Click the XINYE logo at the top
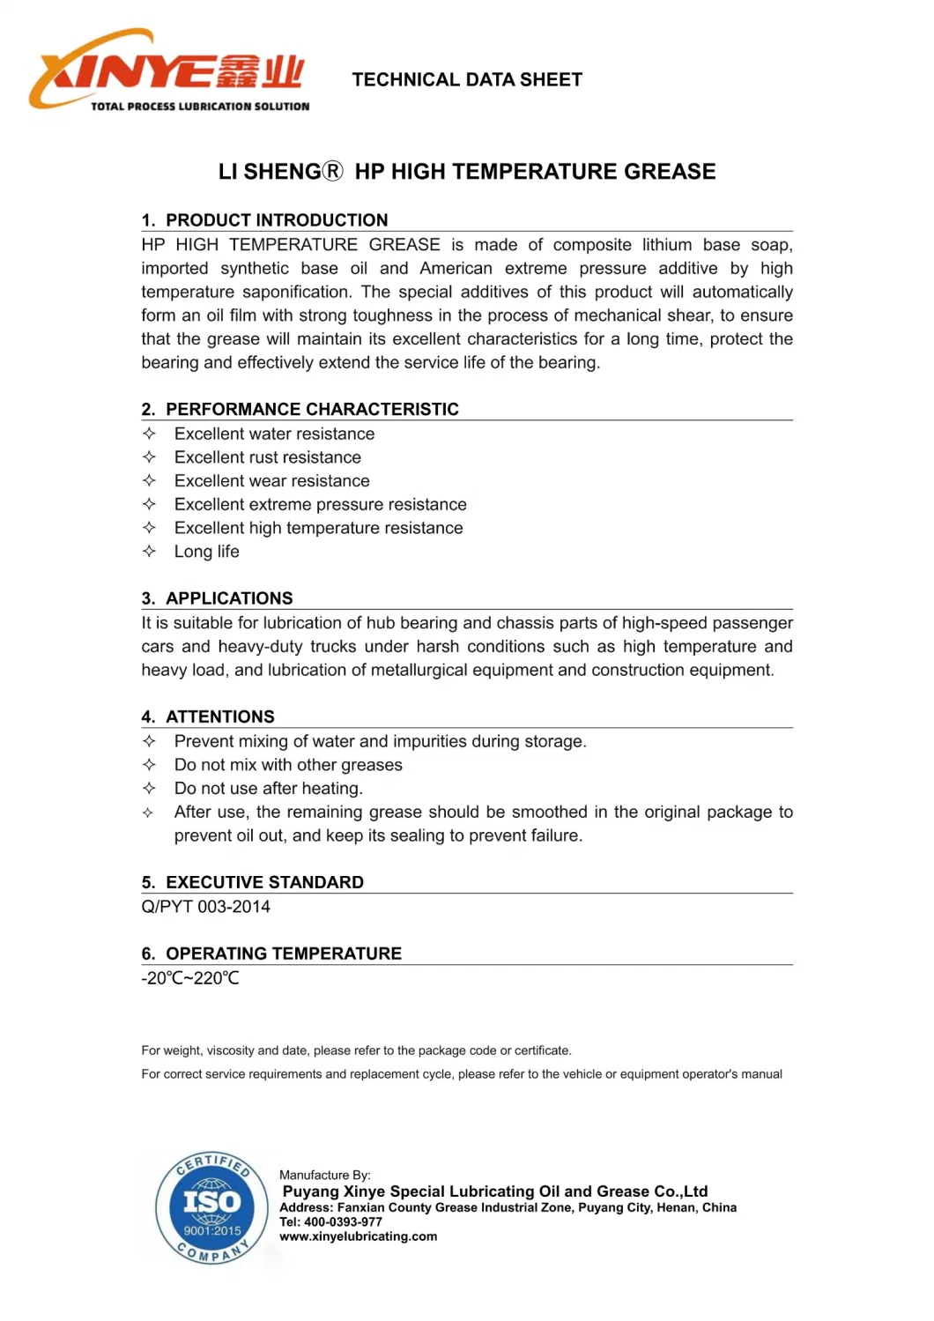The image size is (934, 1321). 169,71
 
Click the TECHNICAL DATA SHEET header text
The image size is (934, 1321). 467,80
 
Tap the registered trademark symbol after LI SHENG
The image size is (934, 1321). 332,171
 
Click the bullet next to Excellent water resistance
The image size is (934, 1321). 150,434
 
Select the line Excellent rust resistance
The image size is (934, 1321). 267,457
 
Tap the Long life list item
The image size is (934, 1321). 206,552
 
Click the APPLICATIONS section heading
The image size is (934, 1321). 229,598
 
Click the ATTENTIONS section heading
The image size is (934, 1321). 219,716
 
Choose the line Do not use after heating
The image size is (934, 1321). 268,789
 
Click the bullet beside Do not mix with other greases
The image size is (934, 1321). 150,765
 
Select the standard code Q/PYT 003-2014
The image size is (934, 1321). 205,907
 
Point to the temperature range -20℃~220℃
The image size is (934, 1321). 190,978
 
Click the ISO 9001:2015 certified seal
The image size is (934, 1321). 211,1207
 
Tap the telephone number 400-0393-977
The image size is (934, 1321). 343,1222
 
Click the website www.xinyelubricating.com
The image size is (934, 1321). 358,1236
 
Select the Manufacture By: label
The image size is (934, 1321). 324,1175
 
